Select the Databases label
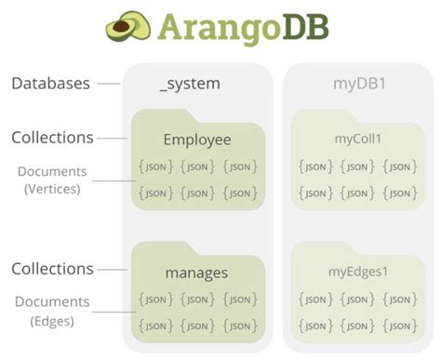tap(50, 84)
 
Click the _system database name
tap(190, 84)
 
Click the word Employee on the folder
tap(196, 140)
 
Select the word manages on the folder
tap(196, 273)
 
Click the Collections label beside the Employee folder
tap(52, 138)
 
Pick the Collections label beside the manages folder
tap(52, 269)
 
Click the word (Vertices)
tap(53, 189)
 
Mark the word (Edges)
tap(53, 321)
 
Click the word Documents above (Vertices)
tap(53, 171)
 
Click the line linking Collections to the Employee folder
tap(113, 139)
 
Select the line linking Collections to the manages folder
tap(113, 270)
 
